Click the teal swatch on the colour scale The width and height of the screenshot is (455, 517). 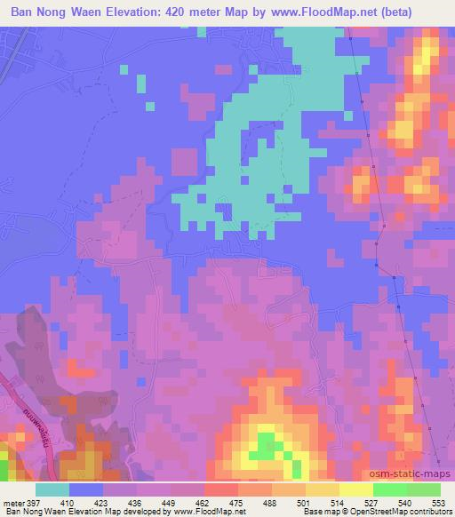pos(52,489)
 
